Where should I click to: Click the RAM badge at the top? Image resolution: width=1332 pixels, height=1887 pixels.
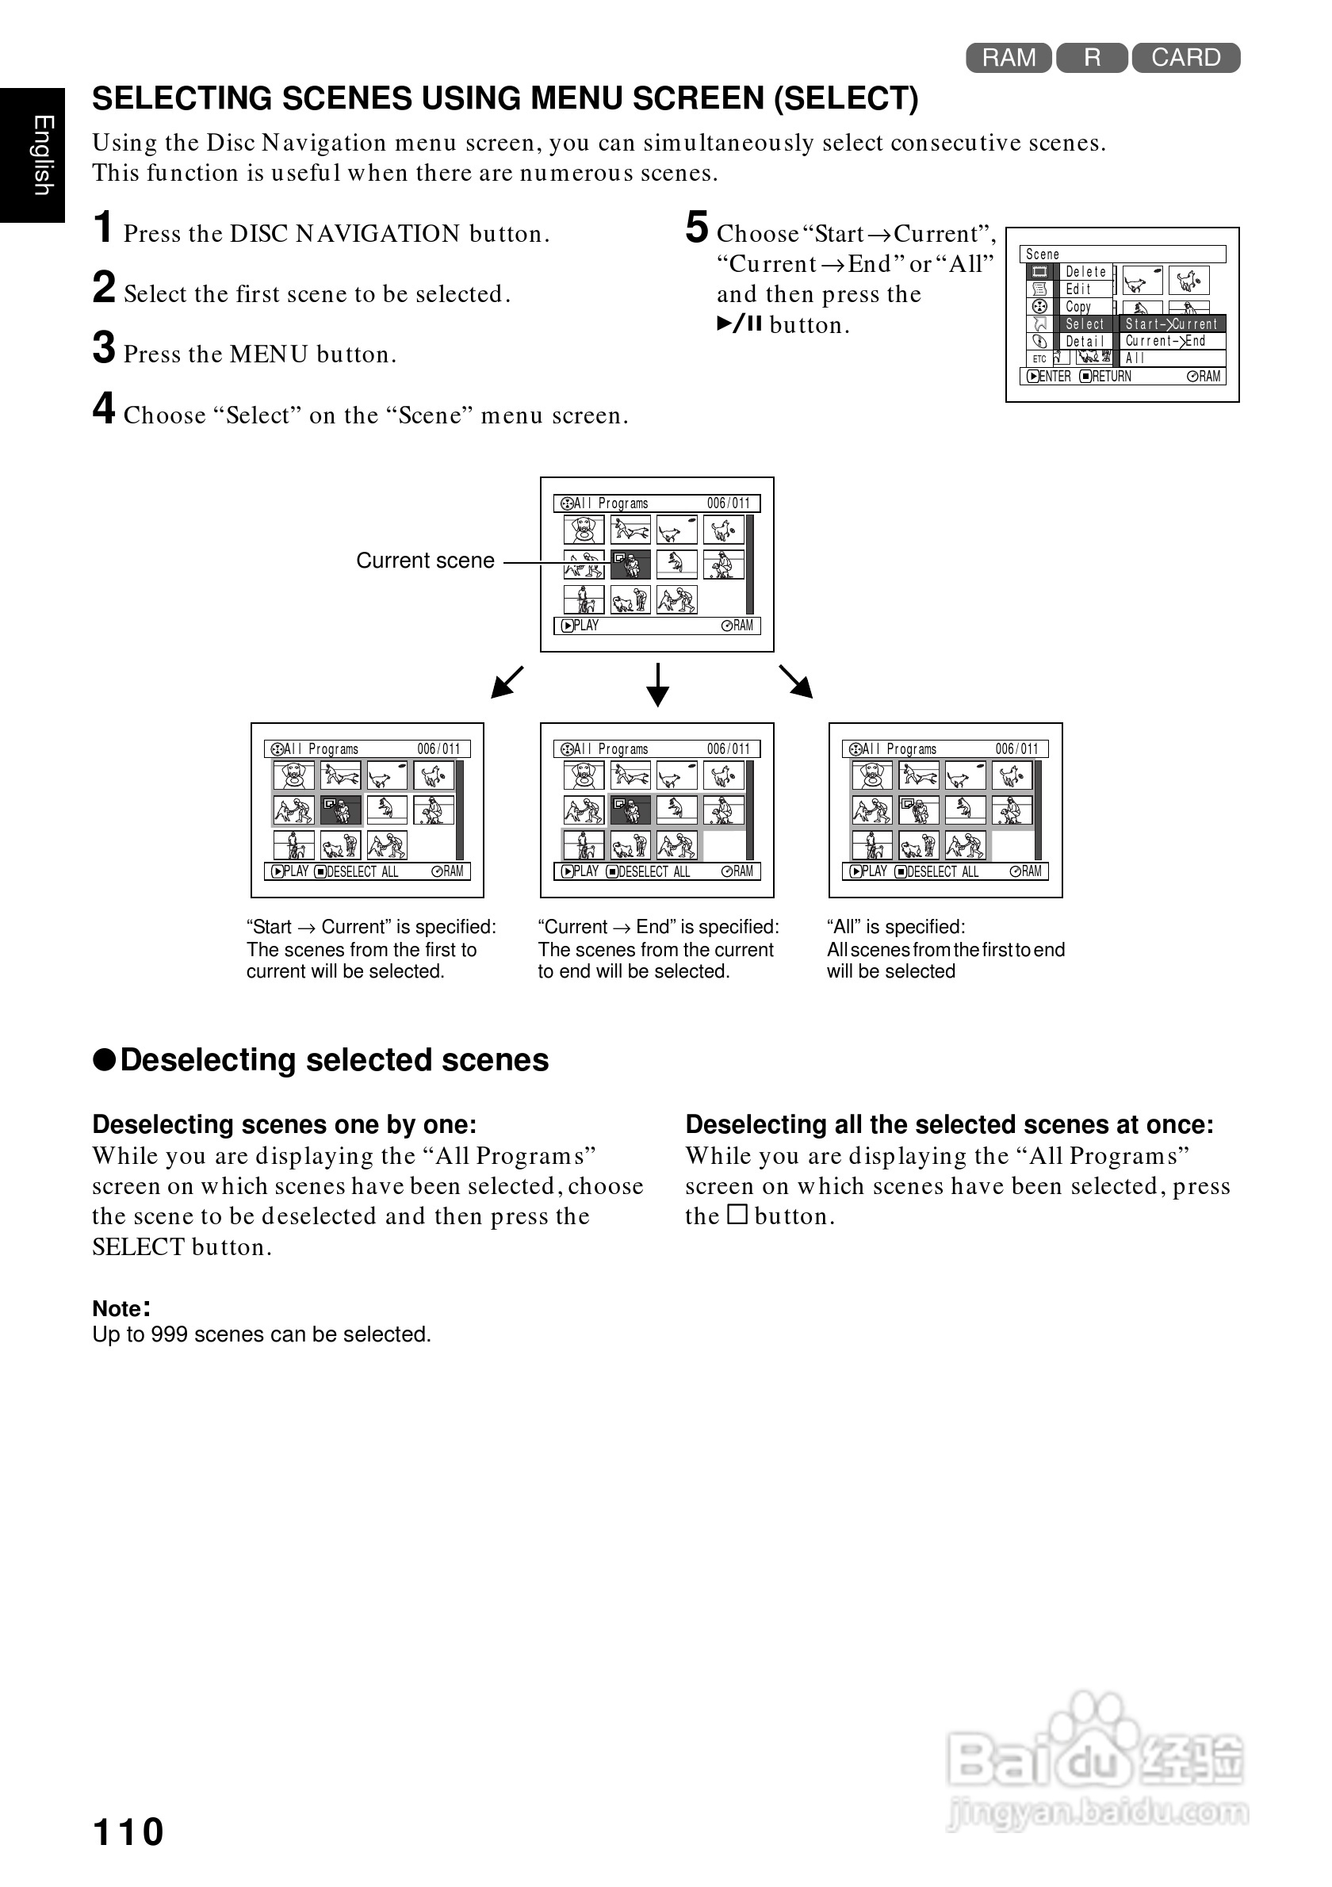(1009, 58)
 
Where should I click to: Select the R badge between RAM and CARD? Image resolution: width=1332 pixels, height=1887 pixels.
(1091, 58)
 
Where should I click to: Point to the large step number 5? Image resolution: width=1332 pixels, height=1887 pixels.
(696, 228)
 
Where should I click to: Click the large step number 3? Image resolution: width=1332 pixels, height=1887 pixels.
(104, 347)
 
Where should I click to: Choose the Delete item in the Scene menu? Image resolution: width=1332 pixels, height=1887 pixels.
(1085, 272)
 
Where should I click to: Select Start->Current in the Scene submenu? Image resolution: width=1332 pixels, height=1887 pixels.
(1171, 323)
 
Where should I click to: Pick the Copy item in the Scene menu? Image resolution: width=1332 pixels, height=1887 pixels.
(1078, 307)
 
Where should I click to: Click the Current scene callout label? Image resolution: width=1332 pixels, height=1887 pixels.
(425, 561)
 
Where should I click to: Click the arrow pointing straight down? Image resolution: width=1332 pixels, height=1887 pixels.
(657, 684)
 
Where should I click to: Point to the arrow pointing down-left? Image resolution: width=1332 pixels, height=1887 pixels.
(507, 682)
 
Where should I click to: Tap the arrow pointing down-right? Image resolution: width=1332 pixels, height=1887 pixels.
(795, 681)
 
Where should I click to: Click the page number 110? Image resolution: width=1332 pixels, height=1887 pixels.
(128, 1831)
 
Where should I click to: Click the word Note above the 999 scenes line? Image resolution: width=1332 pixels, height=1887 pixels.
(117, 1308)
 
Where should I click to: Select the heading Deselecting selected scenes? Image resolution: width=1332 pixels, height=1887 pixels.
(334, 1060)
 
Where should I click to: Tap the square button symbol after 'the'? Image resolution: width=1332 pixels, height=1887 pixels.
(737, 1214)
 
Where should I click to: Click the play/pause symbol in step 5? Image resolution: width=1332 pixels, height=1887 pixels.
(740, 323)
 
